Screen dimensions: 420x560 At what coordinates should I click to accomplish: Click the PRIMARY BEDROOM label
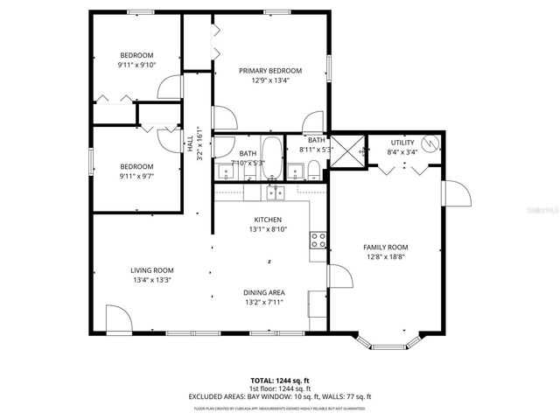271,71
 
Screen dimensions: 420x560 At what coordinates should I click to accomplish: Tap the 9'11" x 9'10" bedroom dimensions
136,64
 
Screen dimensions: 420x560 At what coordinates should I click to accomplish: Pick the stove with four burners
319,239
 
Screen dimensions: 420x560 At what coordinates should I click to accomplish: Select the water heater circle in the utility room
428,143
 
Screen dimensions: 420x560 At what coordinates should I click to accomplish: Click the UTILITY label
402,142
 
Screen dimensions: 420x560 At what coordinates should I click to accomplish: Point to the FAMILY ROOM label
386,248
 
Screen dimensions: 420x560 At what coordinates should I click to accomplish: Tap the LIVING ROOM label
151,270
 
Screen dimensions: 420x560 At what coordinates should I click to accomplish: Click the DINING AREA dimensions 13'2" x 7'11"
263,303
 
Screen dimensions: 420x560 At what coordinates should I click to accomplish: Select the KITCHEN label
268,219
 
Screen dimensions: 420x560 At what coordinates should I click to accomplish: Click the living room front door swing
116,318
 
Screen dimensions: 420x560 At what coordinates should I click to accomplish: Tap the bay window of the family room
386,344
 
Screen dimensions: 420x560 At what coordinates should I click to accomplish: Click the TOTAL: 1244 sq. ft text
280,381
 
